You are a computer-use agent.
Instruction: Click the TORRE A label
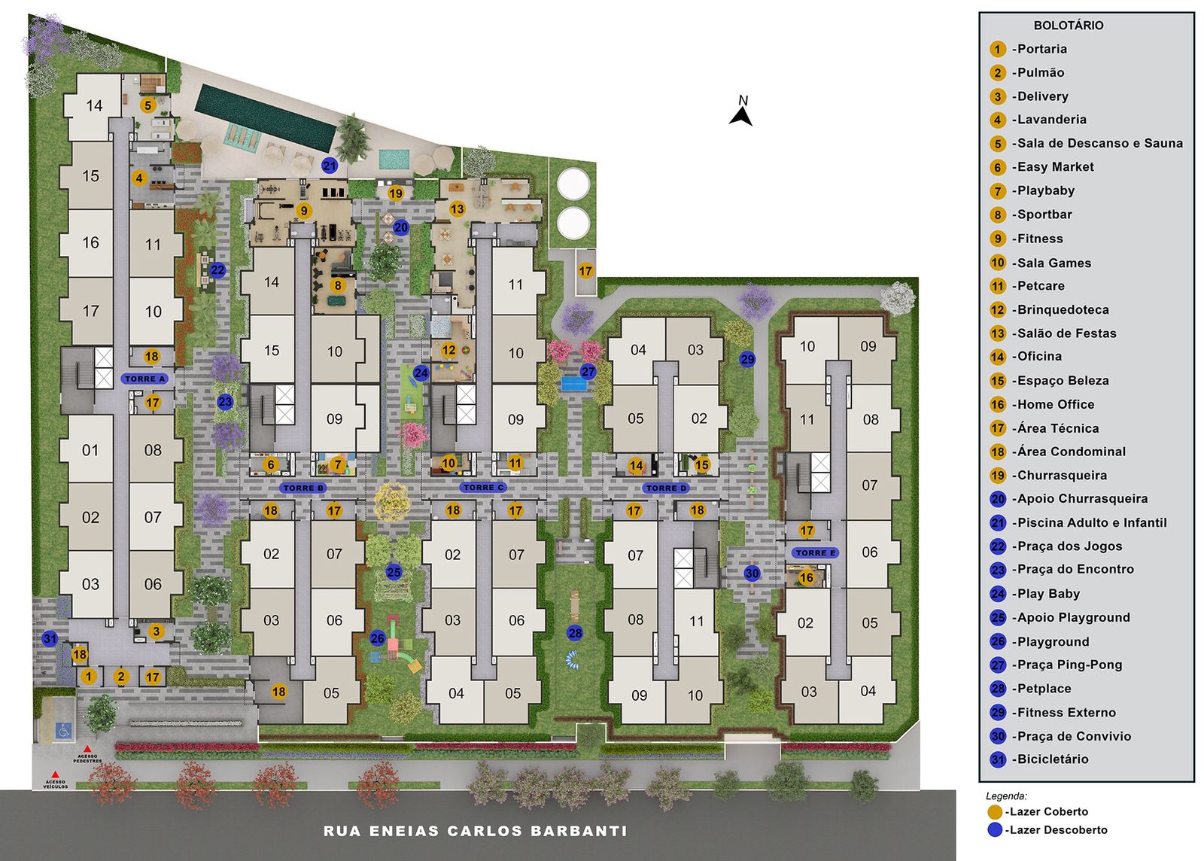point(144,379)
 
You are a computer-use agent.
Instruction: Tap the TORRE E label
point(816,552)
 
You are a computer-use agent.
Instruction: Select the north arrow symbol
point(740,117)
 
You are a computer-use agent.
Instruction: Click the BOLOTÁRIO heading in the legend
point(1068,26)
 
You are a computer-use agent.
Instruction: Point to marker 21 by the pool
point(330,166)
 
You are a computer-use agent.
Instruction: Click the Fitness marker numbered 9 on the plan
point(304,211)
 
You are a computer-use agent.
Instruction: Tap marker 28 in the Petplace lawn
point(575,633)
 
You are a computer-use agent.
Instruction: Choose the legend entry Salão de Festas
point(1066,333)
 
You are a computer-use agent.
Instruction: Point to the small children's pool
point(394,159)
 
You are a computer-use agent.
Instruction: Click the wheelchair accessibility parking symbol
point(64,730)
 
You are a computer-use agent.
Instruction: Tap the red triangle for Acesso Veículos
point(55,774)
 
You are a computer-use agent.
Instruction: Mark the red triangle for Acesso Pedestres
point(87,749)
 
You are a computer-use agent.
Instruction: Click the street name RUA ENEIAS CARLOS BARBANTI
point(475,832)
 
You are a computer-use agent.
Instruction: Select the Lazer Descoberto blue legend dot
point(995,830)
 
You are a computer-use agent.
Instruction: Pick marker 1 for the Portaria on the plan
point(89,677)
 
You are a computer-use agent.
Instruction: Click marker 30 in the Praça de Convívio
point(752,573)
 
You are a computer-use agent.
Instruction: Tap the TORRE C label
point(483,488)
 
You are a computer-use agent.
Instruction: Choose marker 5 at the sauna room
point(148,105)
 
